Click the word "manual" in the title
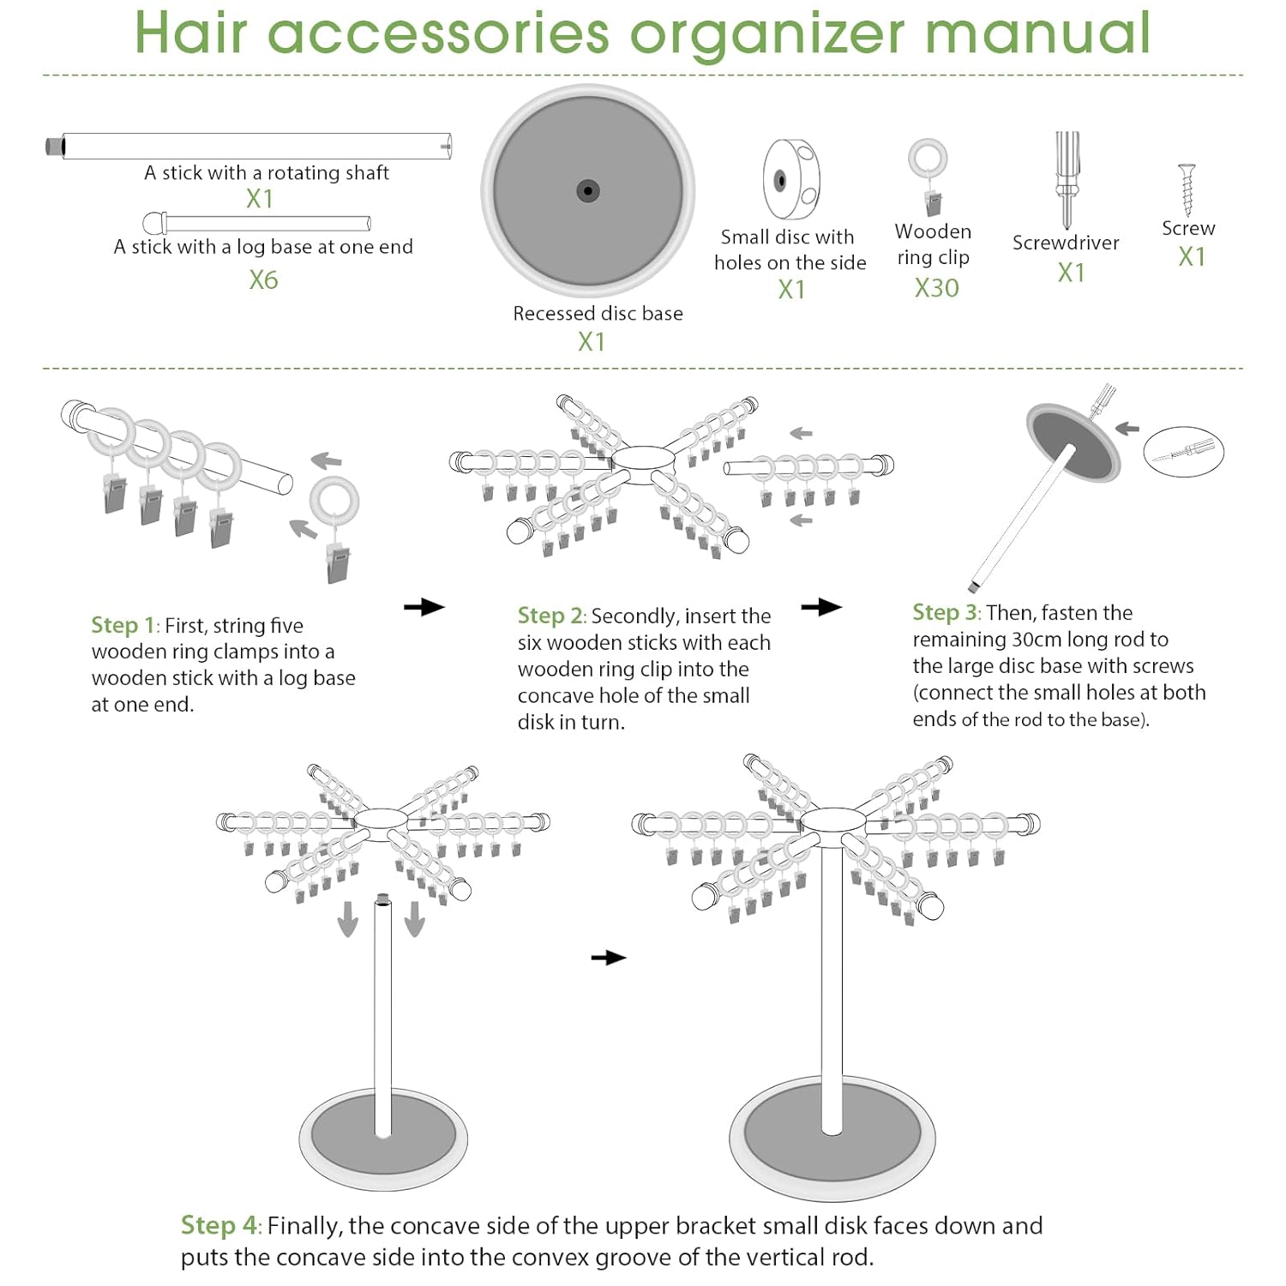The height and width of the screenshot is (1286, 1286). (1037, 33)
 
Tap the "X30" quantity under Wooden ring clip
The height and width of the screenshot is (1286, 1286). (936, 288)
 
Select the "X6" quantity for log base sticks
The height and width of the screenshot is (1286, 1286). (263, 280)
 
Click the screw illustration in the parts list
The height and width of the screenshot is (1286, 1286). (1187, 189)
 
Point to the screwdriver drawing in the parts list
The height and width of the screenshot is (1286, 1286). (1067, 180)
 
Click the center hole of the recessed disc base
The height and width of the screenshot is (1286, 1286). (588, 190)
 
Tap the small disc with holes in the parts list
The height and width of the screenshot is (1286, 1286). (791, 179)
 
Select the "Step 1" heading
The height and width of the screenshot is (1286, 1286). (123, 625)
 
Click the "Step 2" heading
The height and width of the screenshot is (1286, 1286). (550, 616)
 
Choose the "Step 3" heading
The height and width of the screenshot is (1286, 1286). (945, 612)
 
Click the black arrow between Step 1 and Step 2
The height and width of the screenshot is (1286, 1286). (424, 607)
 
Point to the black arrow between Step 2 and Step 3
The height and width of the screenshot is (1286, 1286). (821, 607)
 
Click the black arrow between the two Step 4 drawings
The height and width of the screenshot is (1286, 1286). (609, 957)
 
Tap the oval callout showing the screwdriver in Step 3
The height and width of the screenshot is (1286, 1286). (1183, 451)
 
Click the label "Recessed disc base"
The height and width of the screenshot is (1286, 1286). (598, 314)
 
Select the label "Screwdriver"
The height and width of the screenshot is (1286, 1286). (1066, 243)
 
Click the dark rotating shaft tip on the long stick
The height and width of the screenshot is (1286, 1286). (55, 146)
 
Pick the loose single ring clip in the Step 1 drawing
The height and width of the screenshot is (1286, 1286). (336, 530)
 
